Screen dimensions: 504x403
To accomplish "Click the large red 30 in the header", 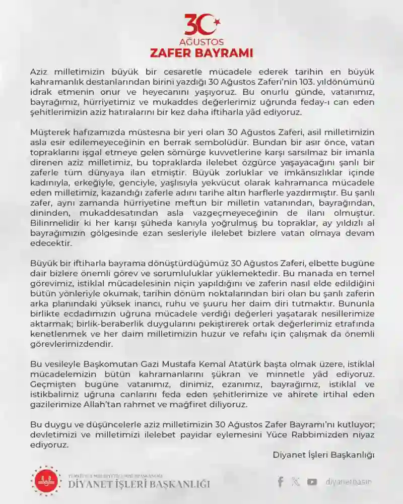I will [x=200, y=25].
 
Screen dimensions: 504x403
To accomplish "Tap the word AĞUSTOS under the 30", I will [x=201, y=42].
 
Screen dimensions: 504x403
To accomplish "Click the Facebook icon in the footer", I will [x=280, y=482].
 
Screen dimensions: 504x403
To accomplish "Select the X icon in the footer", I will [x=296, y=482].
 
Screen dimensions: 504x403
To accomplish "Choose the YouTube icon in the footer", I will [x=312, y=482].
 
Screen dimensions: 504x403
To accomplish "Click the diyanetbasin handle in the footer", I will [x=349, y=482].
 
